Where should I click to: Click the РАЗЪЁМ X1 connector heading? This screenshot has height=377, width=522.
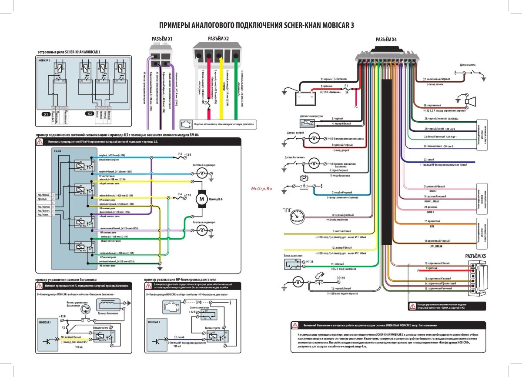point(162,39)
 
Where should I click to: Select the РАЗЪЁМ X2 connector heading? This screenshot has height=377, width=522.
point(218,39)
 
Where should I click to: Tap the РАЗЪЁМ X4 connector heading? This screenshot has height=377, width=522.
point(386,40)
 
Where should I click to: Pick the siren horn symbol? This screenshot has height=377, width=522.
point(468,101)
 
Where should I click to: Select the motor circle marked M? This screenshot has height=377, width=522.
point(201,199)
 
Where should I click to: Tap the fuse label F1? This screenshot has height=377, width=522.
point(347,86)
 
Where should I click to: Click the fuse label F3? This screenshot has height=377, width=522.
point(180,153)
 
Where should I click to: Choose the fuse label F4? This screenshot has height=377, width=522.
point(180,194)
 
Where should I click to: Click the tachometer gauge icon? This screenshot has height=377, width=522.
point(298,216)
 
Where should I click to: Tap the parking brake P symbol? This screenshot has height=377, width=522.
point(304,179)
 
